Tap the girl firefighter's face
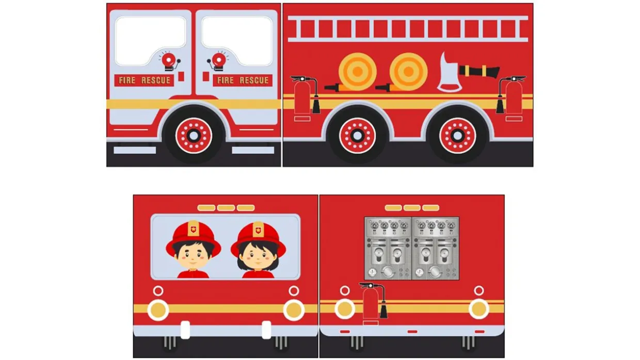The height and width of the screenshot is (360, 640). [258, 258]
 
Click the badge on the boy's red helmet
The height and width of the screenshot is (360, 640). [194, 228]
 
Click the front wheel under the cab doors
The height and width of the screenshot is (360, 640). [194, 136]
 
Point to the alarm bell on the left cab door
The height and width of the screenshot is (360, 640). [169, 61]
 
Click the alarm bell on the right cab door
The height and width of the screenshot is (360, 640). [218, 61]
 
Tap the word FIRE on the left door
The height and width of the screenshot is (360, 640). [127, 80]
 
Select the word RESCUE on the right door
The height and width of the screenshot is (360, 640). [254, 80]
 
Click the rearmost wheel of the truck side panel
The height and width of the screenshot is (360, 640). [457, 136]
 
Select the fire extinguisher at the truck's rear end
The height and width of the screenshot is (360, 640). [511, 98]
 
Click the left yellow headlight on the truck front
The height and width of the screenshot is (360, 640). [158, 310]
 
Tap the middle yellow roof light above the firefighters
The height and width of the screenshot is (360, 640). [226, 208]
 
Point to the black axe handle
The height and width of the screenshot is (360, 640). [479, 71]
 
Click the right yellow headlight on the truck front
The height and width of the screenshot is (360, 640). [294, 310]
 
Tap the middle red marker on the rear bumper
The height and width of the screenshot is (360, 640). [412, 332]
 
